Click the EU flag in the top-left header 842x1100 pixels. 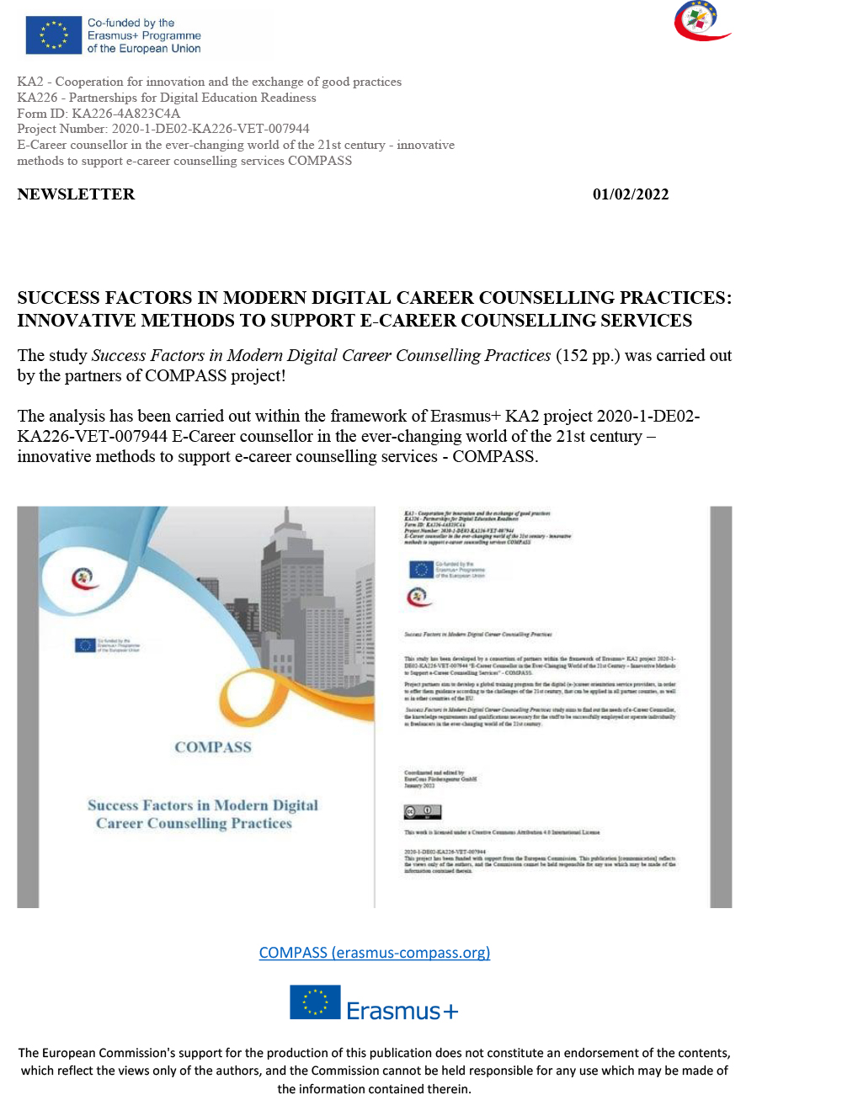click(54, 35)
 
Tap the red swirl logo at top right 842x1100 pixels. click(701, 21)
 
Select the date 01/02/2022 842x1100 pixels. click(631, 194)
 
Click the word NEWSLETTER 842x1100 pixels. click(76, 194)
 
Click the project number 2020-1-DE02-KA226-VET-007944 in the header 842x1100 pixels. click(210, 129)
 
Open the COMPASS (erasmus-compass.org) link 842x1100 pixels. click(375, 953)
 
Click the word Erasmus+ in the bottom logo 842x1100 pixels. click(402, 1011)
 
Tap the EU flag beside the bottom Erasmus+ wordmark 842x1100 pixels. click(315, 1002)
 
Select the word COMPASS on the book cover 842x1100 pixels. click(213, 747)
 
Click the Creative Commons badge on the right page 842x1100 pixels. click(422, 812)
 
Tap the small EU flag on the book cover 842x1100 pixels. click(85, 646)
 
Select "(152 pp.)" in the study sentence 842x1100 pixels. click(587, 356)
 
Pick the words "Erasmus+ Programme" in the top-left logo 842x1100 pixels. click(144, 35)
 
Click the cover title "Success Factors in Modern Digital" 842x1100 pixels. click(203, 805)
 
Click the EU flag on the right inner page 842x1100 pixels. click(421, 570)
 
